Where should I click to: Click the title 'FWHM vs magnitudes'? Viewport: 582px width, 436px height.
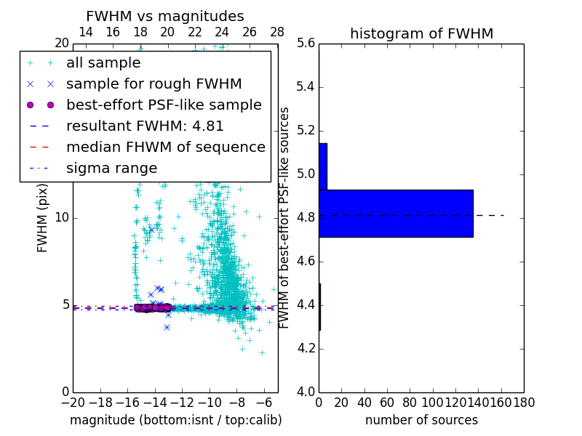tap(165, 16)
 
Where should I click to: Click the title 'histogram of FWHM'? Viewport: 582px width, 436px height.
tap(421, 33)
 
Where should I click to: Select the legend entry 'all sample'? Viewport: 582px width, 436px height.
tap(103, 63)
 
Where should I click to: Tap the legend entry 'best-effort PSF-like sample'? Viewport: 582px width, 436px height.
tap(164, 105)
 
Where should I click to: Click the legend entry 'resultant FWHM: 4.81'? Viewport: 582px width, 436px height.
tap(145, 126)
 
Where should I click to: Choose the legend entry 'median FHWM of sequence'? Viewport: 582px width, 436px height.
tap(165, 148)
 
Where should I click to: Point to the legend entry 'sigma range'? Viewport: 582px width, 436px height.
tap(111, 169)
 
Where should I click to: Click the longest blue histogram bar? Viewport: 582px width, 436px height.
tap(396, 213)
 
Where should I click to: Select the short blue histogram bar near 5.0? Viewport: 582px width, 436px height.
tap(323, 166)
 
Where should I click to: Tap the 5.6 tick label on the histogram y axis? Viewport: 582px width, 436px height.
tap(306, 44)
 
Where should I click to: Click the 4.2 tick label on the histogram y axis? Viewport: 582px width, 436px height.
tap(306, 349)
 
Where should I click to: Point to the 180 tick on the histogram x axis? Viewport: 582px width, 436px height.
tap(524, 402)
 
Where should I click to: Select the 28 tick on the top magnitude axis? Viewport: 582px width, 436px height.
tap(277, 32)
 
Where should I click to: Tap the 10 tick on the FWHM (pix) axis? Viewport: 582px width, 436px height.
tap(62, 218)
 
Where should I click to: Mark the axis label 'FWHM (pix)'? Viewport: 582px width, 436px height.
tap(43, 218)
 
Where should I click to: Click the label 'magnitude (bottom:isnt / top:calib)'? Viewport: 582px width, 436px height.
tap(175, 420)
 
